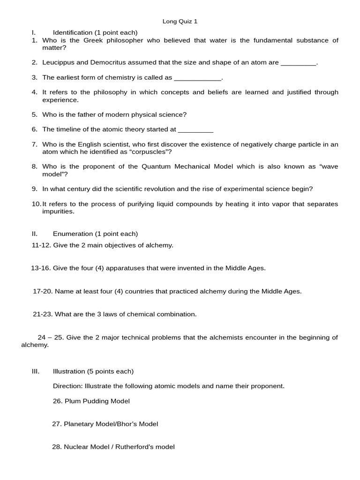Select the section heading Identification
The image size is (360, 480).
coord(73,32)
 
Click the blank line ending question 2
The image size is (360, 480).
coord(299,63)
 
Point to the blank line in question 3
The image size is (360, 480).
coord(197,78)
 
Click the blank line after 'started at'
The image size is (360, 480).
coord(195,129)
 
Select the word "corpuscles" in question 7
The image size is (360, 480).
coord(148,152)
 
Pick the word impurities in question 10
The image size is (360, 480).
coord(58,211)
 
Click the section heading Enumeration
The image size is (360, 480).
coord(73,233)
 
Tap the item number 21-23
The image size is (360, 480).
coord(43,314)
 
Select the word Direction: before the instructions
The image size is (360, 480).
coord(68,386)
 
